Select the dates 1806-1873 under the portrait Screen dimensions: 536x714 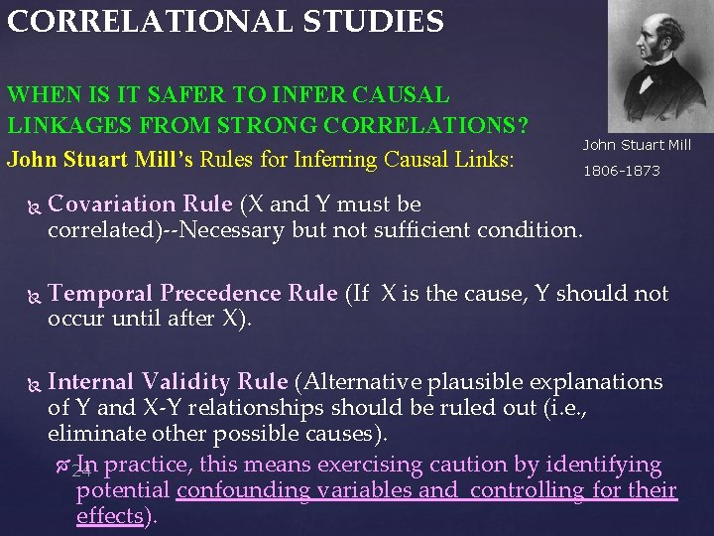tap(621, 171)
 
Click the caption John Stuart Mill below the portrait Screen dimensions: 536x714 tap(637, 145)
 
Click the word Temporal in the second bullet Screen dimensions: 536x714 tap(100, 294)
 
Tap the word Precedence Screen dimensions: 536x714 tap(221, 294)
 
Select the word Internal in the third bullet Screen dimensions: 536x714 tap(91, 381)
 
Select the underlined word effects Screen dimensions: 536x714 tap(109, 516)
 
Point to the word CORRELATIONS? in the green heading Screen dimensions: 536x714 tap(435, 127)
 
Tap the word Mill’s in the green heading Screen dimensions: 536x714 tap(168, 159)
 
